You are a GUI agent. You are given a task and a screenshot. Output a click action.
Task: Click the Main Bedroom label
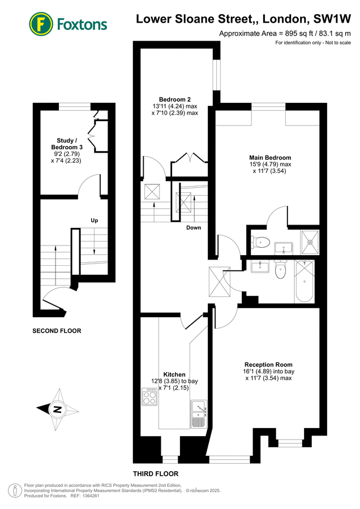point(270,157)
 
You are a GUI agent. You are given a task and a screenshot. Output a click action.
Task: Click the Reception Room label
point(268,364)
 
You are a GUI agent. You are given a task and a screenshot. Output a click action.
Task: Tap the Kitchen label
point(174,374)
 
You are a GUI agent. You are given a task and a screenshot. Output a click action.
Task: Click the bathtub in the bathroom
point(306,281)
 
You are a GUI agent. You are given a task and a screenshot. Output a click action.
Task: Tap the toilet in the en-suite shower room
point(260,243)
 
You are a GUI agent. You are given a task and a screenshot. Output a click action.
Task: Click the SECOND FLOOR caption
point(57,331)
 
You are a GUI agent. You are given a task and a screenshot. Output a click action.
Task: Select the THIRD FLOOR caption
point(156,473)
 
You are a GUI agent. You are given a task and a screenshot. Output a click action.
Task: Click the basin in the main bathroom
point(261,266)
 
